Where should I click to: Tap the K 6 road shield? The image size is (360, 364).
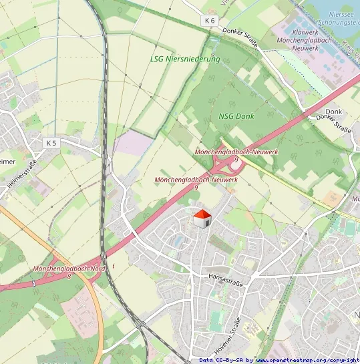[x=210, y=21]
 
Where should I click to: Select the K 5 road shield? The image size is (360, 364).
[x=52, y=143]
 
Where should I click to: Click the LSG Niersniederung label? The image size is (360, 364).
[x=184, y=59]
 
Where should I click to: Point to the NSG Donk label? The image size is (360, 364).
[x=236, y=116]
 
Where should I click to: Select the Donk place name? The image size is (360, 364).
[x=333, y=112]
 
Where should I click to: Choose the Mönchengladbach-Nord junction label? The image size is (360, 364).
[x=68, y=268]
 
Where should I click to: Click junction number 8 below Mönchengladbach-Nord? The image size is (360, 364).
[x=69, y=276]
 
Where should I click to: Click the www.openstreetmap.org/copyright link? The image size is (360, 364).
[x=307, y=360]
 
